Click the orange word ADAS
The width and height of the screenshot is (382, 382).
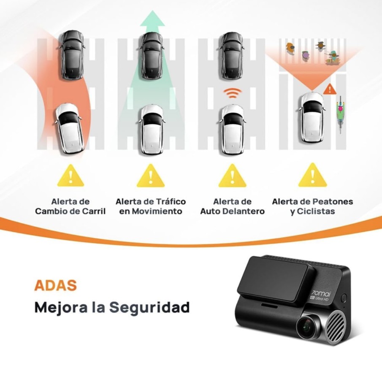56,285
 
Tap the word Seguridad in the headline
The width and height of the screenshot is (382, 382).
149,307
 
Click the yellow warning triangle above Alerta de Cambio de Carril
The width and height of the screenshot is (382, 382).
70,176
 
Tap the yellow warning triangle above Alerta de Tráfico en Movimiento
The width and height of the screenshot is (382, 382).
151,176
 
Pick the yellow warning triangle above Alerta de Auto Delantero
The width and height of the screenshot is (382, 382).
232,176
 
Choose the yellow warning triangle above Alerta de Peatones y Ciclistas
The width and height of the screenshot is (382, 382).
313,176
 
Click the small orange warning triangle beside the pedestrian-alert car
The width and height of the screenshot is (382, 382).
330,89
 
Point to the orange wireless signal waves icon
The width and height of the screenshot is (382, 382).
233,93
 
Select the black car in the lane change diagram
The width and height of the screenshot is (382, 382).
73,55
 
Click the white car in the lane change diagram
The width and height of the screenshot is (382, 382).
69,128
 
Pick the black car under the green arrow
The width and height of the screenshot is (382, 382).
152,56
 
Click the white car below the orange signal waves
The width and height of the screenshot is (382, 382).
233,130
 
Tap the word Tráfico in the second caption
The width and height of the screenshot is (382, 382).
171,202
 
